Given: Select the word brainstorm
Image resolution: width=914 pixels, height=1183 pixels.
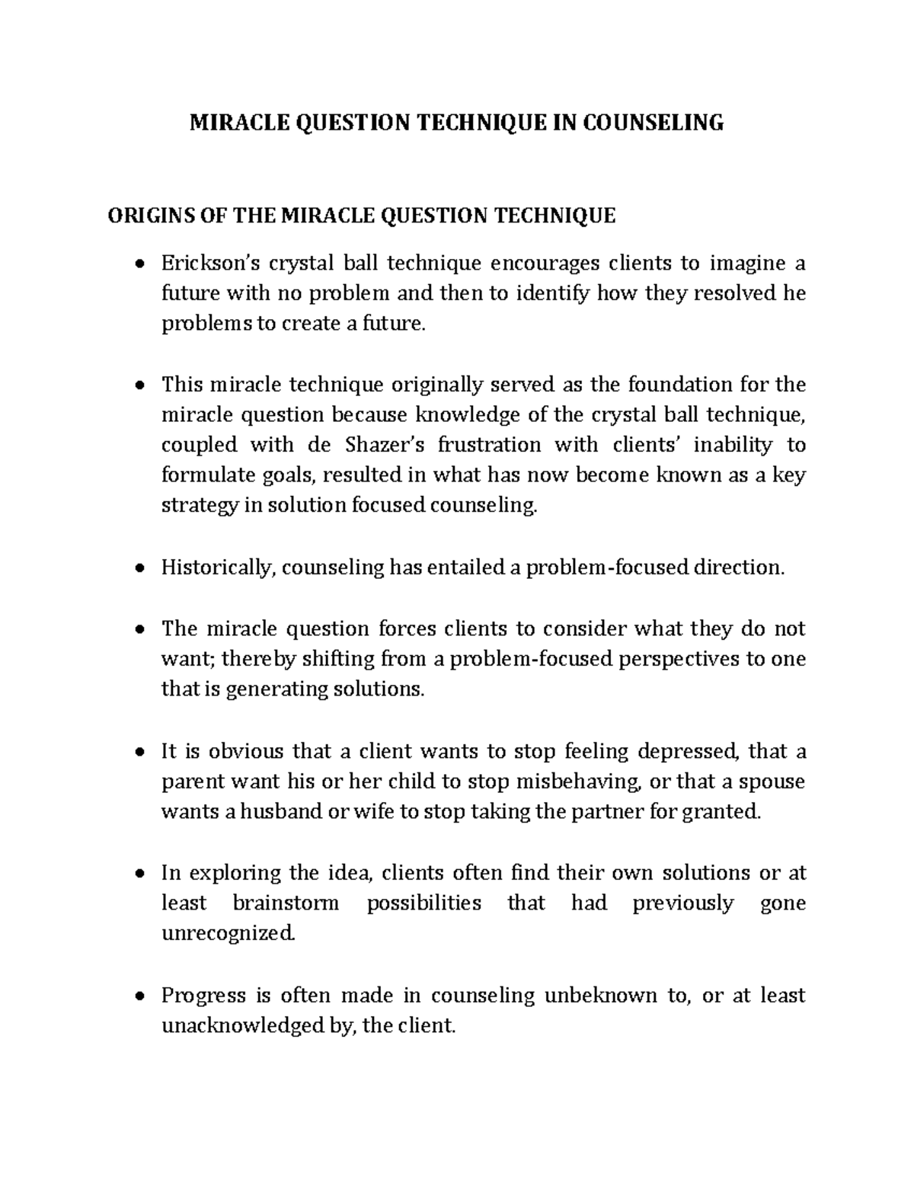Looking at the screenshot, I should click(286, 903).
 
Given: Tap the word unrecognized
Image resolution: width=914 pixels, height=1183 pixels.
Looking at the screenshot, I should click(226, 934).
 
